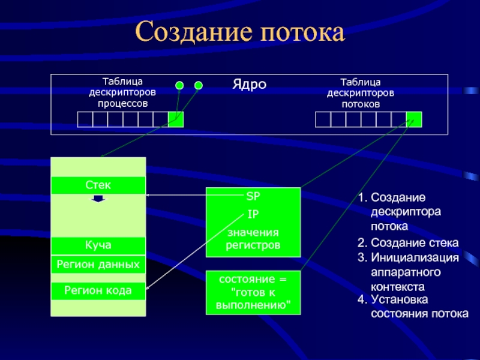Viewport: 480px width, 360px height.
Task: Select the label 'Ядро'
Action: point(249,84)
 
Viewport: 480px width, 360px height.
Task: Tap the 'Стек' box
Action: point(98,185)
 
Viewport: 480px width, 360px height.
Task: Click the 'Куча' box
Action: point(98,245)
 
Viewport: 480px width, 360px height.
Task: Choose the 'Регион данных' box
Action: point(98,264)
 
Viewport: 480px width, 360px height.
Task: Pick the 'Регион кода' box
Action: point(98,291)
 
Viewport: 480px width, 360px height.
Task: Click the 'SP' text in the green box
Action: point(253,196)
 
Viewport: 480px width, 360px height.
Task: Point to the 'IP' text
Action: point(253,213)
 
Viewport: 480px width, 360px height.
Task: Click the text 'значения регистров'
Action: point(253,239)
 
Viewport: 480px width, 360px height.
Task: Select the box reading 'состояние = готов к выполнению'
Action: point(253,293)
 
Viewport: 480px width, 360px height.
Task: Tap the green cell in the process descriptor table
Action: point(176,119)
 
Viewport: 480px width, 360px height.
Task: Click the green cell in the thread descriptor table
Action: point(413,119)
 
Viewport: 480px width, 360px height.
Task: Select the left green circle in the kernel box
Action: point(179,85)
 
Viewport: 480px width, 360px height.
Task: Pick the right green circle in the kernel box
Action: point(199,85)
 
